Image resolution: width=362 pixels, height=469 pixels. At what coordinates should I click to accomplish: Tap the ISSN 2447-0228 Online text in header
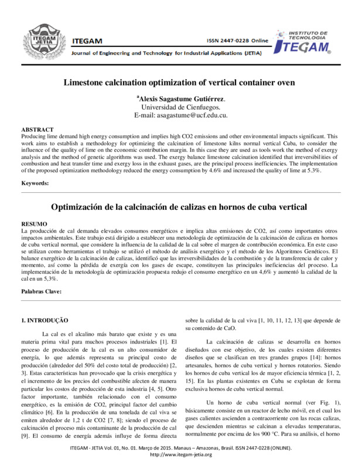point(237,40)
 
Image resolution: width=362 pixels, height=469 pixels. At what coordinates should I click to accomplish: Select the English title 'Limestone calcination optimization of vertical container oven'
point(180,83)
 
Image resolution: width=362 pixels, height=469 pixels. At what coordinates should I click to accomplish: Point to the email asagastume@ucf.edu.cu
point(180,116)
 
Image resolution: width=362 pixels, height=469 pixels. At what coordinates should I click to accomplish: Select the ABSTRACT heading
point(37,129)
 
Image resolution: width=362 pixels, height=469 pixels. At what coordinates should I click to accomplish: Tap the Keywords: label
point(35,183)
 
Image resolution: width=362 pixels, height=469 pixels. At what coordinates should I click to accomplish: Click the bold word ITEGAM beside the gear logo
point(87,40)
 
